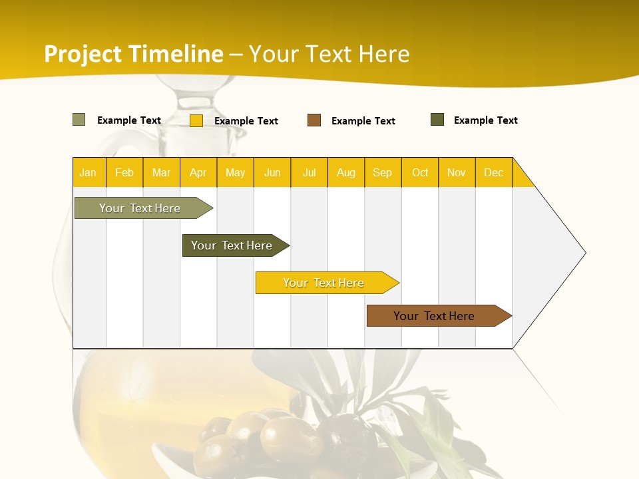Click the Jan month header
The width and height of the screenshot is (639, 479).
pos(88,172)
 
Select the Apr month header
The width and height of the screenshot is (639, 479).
pos(198,172)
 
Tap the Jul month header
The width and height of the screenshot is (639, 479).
pos(309,172)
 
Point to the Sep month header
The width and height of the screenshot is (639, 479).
pos(382,172)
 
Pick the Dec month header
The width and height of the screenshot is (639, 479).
pos(493,172)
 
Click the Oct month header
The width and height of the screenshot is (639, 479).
pos(419,172)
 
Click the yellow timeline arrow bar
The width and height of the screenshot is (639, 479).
pos(324,283)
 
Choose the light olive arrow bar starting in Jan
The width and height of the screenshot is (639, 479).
pos(140,208)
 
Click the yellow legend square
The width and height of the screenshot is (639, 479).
pos(196,120)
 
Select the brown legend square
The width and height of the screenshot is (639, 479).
pos(314,120)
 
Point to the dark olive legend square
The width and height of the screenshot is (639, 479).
pos(437,120)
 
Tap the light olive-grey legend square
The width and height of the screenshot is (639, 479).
pos(79,120)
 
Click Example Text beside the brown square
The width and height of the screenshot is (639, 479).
pos(363,121)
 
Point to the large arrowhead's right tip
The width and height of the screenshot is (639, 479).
pos(584,253)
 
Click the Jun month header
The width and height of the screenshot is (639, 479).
pos(272,172)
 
